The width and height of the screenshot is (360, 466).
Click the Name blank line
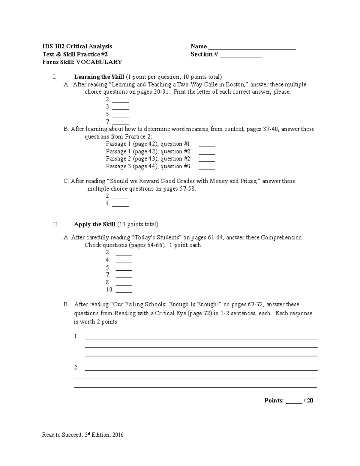252,48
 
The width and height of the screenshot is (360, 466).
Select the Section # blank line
241,56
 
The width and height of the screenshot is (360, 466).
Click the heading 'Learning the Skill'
99,77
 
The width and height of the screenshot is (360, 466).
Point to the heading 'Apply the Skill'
94,224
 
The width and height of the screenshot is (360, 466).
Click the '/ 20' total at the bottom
309,401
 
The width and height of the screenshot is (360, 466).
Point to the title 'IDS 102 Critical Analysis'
77,46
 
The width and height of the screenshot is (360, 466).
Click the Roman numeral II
55,224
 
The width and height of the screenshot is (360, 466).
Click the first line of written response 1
201,338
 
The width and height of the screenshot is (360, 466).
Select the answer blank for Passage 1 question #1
207,146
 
